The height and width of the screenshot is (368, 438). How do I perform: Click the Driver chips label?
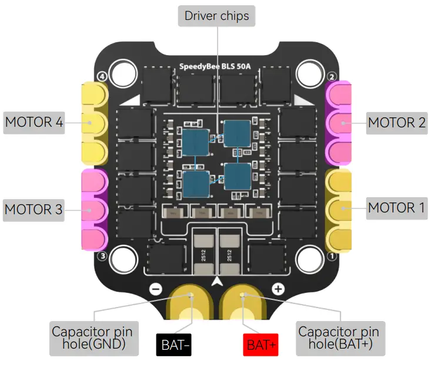(217, 16)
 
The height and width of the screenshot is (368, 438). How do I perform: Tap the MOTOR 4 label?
(34, 123)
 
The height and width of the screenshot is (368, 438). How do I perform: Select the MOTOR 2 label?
(397, 123)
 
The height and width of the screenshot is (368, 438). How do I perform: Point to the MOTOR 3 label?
(34, 209)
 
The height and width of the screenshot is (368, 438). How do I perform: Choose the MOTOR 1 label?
(397, 208)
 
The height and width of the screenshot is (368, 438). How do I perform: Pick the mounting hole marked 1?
(310, 259)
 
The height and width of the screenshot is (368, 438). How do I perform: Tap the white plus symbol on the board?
(278, 289)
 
